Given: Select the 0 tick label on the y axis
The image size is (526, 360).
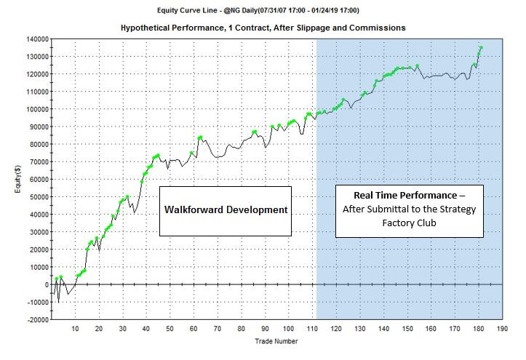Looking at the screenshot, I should click(45, 284).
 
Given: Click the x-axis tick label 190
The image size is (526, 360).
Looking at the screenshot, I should click(502, 329).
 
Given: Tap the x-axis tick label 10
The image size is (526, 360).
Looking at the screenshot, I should click(75, 329).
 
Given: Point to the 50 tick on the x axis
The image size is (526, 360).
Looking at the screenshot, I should click(170, 329).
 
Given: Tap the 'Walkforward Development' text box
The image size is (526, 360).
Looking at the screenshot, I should click(225, 210).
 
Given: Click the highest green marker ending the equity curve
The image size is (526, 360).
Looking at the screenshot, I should click(481, 49).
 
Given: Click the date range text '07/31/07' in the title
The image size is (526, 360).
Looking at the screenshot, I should click(292, 10).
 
